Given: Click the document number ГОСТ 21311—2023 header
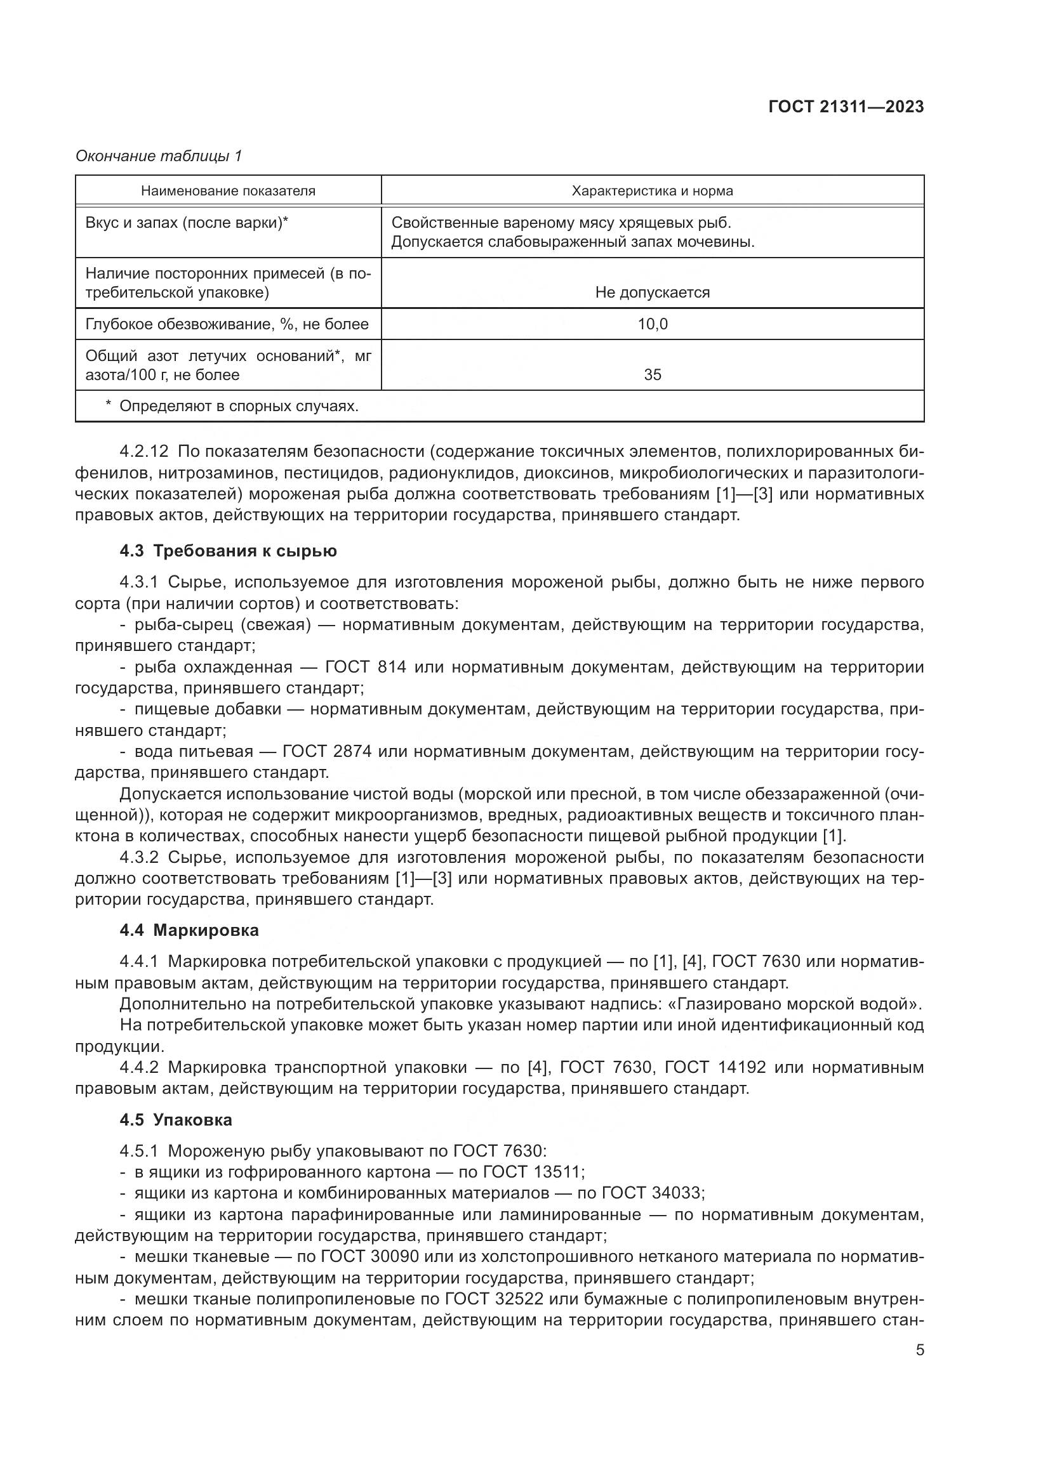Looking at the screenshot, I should (x=846, y=107).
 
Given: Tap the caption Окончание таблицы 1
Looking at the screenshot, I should (x=159, y=156).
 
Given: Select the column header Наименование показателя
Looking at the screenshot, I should (x=229, y=191).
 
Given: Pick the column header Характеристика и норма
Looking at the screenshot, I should (x=652, y=191).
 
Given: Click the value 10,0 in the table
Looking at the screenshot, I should (x=653, y=324).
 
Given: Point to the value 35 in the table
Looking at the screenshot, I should (x=653, y=375).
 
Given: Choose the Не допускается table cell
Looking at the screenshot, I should (x=652, y=292).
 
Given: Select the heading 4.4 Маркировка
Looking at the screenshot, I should (x=189, y=930).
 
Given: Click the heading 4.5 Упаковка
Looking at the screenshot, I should (x=176, y=1119).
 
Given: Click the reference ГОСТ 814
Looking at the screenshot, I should (x=366, y=666).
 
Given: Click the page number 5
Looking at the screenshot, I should (x=919, y=1349).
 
